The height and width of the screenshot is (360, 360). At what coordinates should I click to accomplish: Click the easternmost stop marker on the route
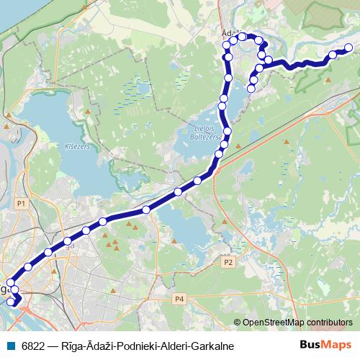pyautogui.click(x=348, y=48)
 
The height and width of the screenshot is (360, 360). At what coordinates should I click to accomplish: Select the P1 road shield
pyautogui.click(x=21, y=204)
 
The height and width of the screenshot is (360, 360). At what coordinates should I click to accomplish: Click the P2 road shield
pyautogui.click(x=228, y=262)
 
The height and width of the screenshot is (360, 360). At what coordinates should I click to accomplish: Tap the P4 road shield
pyautogui.click(x=179, y=298)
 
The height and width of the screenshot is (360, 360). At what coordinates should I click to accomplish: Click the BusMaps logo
pyautogui.click(x=325, y=346)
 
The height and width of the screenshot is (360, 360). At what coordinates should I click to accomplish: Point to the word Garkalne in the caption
pyautogui.click(x=210, y=346)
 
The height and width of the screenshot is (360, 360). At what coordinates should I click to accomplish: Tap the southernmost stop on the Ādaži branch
pyautogui.click(x=251, y=89)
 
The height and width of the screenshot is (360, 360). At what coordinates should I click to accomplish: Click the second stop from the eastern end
pyautogui.click(x=333, y=54)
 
